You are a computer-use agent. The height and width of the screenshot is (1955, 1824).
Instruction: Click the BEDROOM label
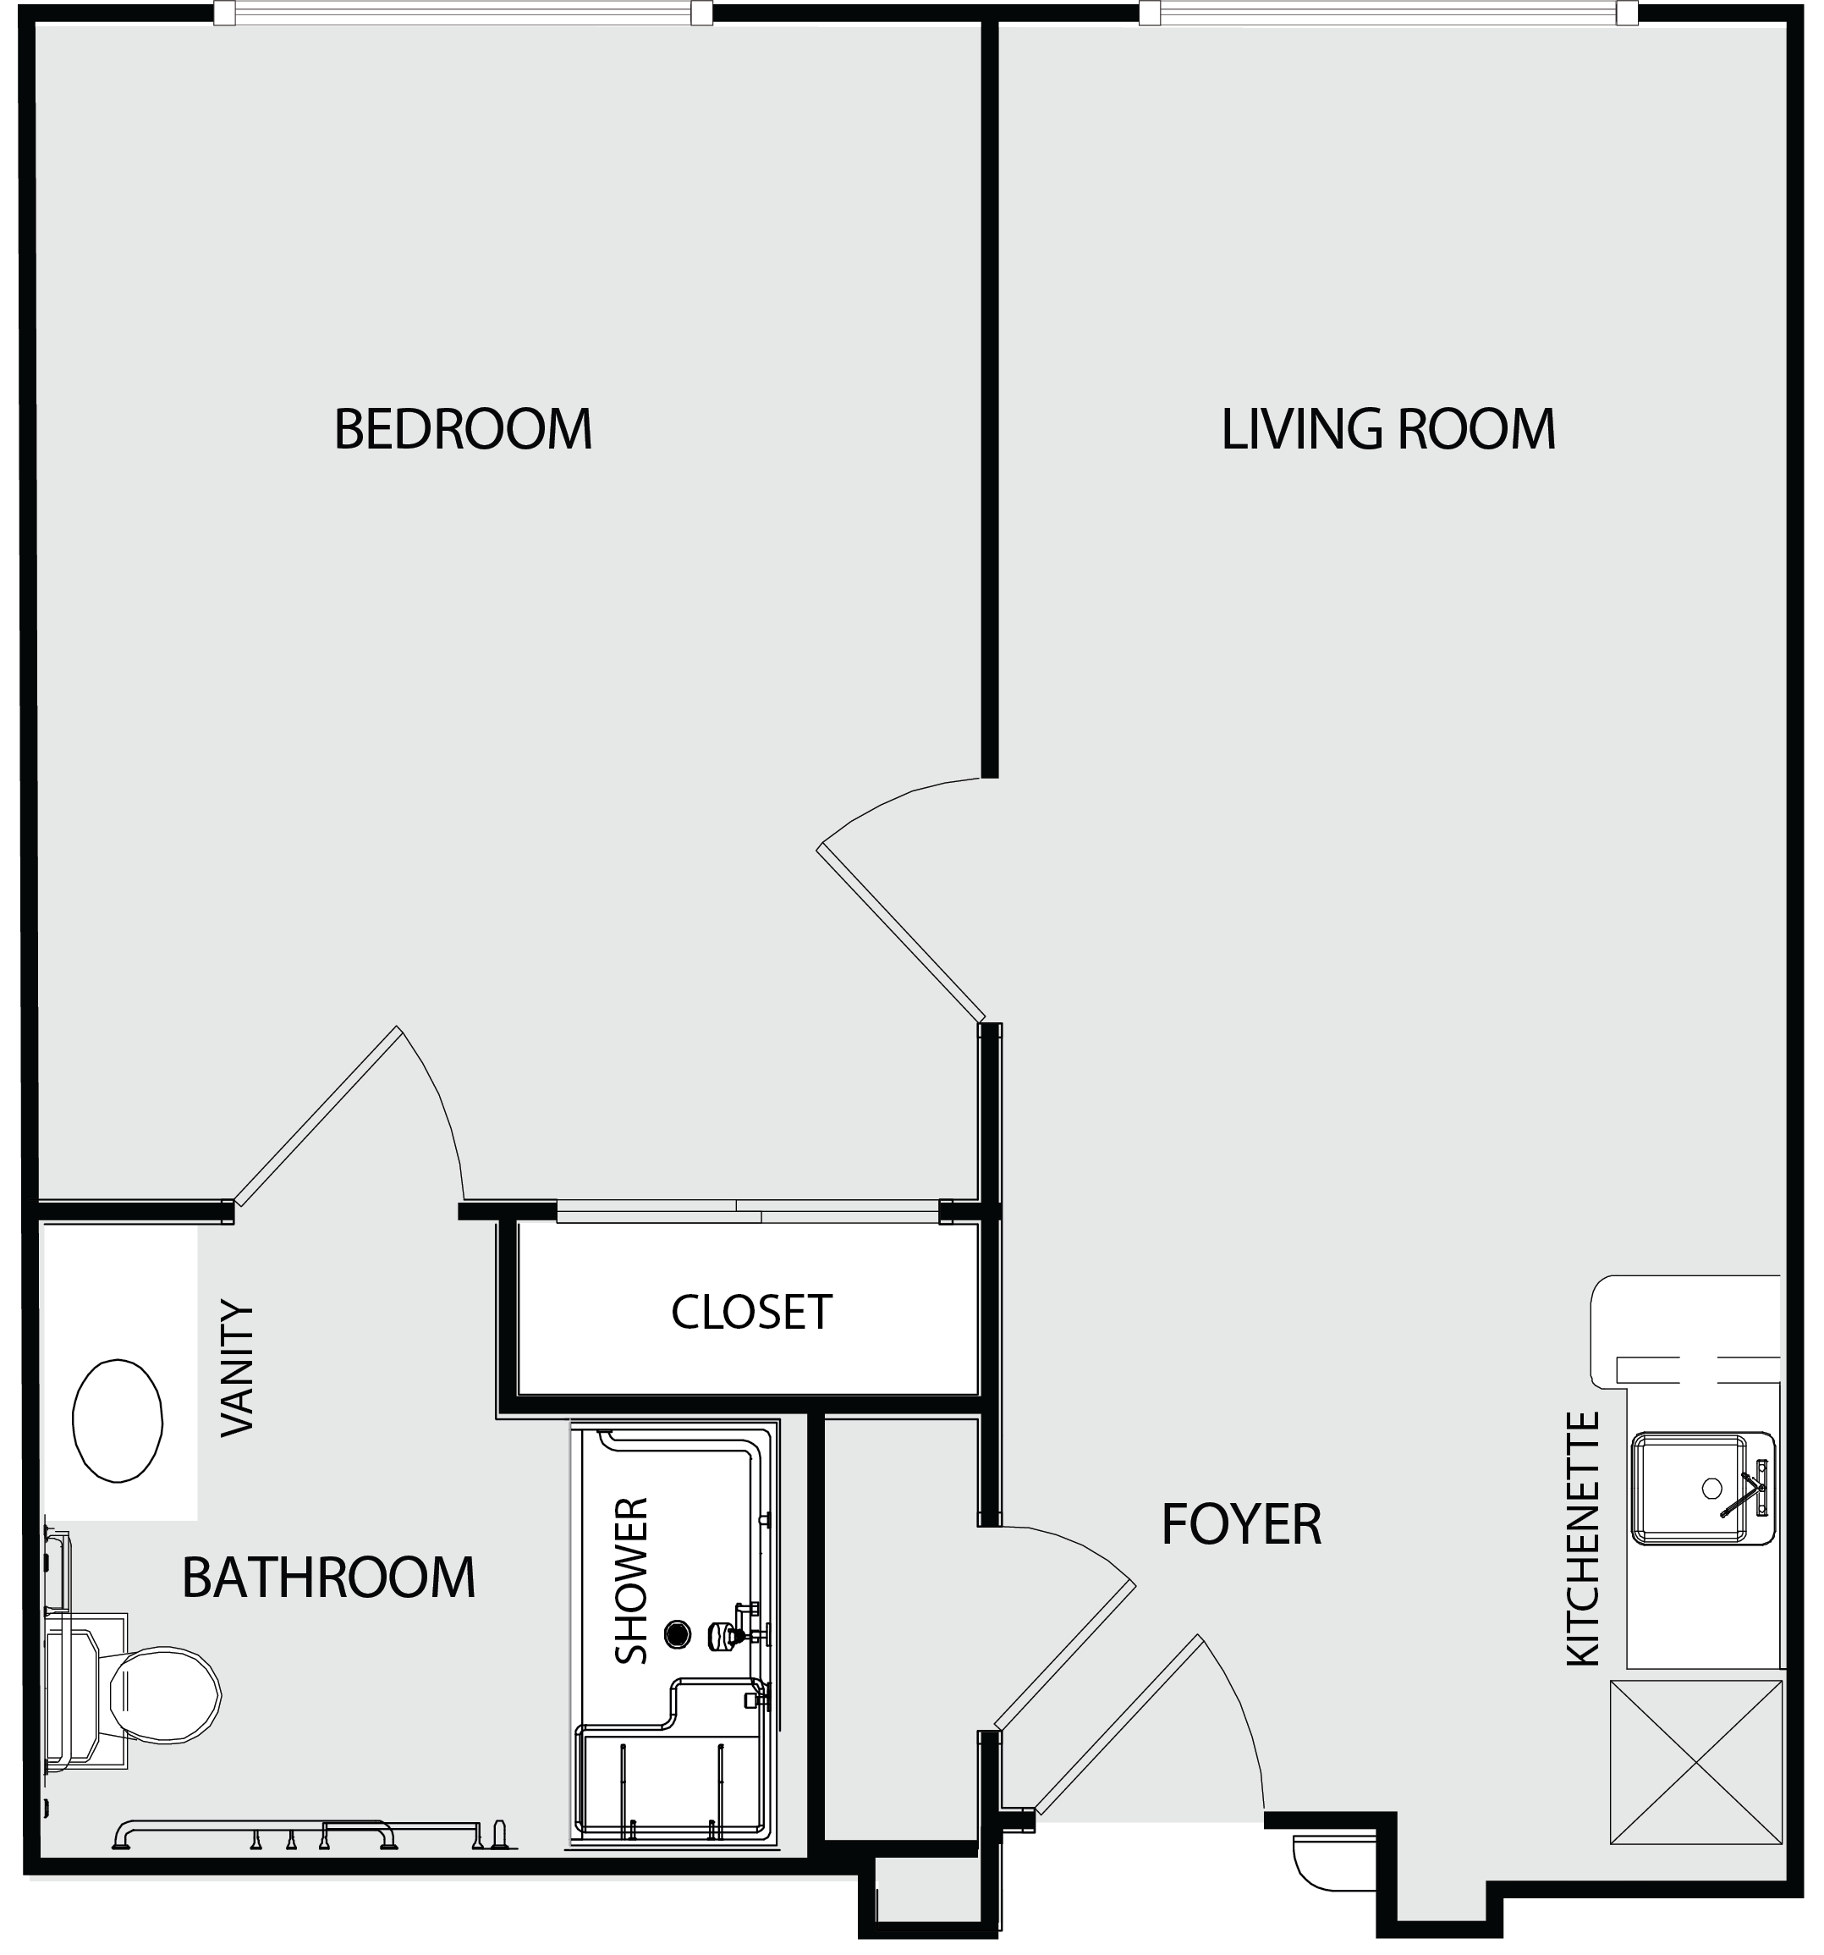[463, 429]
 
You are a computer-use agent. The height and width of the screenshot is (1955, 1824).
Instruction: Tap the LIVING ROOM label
[1387, 429]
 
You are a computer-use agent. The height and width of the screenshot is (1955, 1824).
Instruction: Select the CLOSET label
[751, 1312]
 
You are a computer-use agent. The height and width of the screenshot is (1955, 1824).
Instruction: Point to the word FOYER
[1241, 1524]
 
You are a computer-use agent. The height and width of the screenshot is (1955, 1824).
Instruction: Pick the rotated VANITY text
[237, 1368]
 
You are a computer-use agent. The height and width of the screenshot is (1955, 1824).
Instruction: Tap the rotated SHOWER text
[631, 1580]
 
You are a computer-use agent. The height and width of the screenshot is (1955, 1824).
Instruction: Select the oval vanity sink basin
[118, 1421]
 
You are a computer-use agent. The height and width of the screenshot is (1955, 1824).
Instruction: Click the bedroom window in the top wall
[463, 13]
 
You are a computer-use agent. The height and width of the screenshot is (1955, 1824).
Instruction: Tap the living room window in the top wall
[1388, 13]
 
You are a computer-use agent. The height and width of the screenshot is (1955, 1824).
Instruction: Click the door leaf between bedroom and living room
[901, 933]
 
